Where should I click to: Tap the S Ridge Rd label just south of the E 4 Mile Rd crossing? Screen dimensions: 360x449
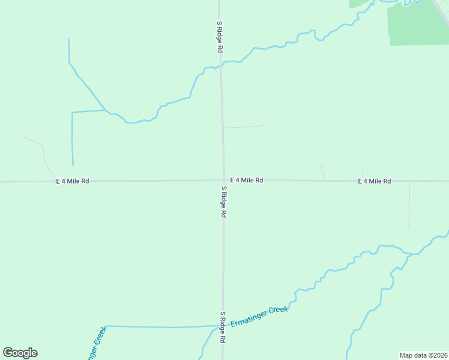click(x=223, y=202)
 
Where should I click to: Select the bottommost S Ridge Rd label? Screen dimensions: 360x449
click(x=222, y=328)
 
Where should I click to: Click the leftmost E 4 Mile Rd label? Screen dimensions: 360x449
click(x=73, y=181)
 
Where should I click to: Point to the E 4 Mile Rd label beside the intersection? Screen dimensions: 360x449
click(x=246, y=180)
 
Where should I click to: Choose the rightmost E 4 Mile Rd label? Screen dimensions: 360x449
click(x=375, y=181)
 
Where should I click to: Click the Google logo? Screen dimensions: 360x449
click(x=20, y=353)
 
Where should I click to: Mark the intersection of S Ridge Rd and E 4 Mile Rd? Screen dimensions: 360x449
click(x=224, y=180)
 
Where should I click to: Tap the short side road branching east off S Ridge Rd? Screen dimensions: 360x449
click(x=243, y=127)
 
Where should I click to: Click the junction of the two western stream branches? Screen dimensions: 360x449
click(x=106, y=110)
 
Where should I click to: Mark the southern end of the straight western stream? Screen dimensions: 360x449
click(x=73, y=164)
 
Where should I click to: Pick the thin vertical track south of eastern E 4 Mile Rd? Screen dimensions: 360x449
click(x=409, y=205)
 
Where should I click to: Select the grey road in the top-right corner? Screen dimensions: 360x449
click(x=441, y=11)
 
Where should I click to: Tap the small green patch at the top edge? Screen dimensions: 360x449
click(x=359, y=3)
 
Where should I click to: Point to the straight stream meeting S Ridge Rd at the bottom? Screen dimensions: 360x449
click(x=162, y=327)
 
